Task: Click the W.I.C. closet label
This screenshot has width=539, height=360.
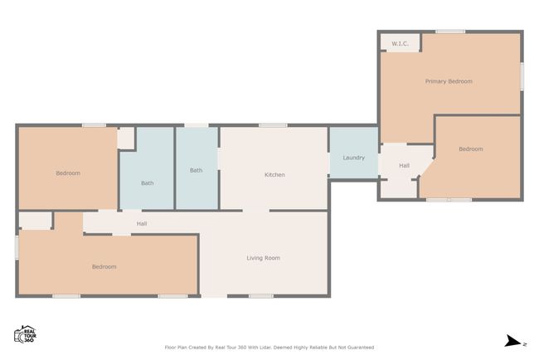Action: (x=401, y=44)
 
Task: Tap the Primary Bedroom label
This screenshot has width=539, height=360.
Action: (x=449, y=81)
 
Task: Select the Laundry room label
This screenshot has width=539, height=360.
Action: (x=354, y=158)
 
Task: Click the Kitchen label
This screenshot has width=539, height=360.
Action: (x=274, y=175)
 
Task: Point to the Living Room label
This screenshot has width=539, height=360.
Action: (x=264, y=258)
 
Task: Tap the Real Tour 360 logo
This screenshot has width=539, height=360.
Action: (x=25, y=334)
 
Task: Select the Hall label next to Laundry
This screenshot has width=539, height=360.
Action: (x=405, y=166)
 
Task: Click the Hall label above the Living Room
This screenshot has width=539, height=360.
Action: (x=142, y=224)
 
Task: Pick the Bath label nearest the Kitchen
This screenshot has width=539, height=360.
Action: (x=197, y=170)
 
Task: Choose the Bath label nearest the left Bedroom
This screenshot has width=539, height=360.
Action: (x=148, y=183)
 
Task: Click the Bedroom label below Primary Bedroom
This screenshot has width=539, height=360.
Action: (x=471, y=149)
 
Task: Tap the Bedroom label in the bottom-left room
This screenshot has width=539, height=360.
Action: (x=104, y=267)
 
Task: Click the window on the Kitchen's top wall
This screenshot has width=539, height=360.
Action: (x=273, y=125)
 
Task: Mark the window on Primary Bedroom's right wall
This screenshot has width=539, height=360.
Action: (x=522, y=76)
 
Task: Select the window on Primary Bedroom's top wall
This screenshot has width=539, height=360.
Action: (x=450, y=32)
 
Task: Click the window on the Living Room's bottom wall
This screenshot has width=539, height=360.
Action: (x=261, y=295)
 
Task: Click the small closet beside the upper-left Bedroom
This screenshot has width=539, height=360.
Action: (x=125, y=139)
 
